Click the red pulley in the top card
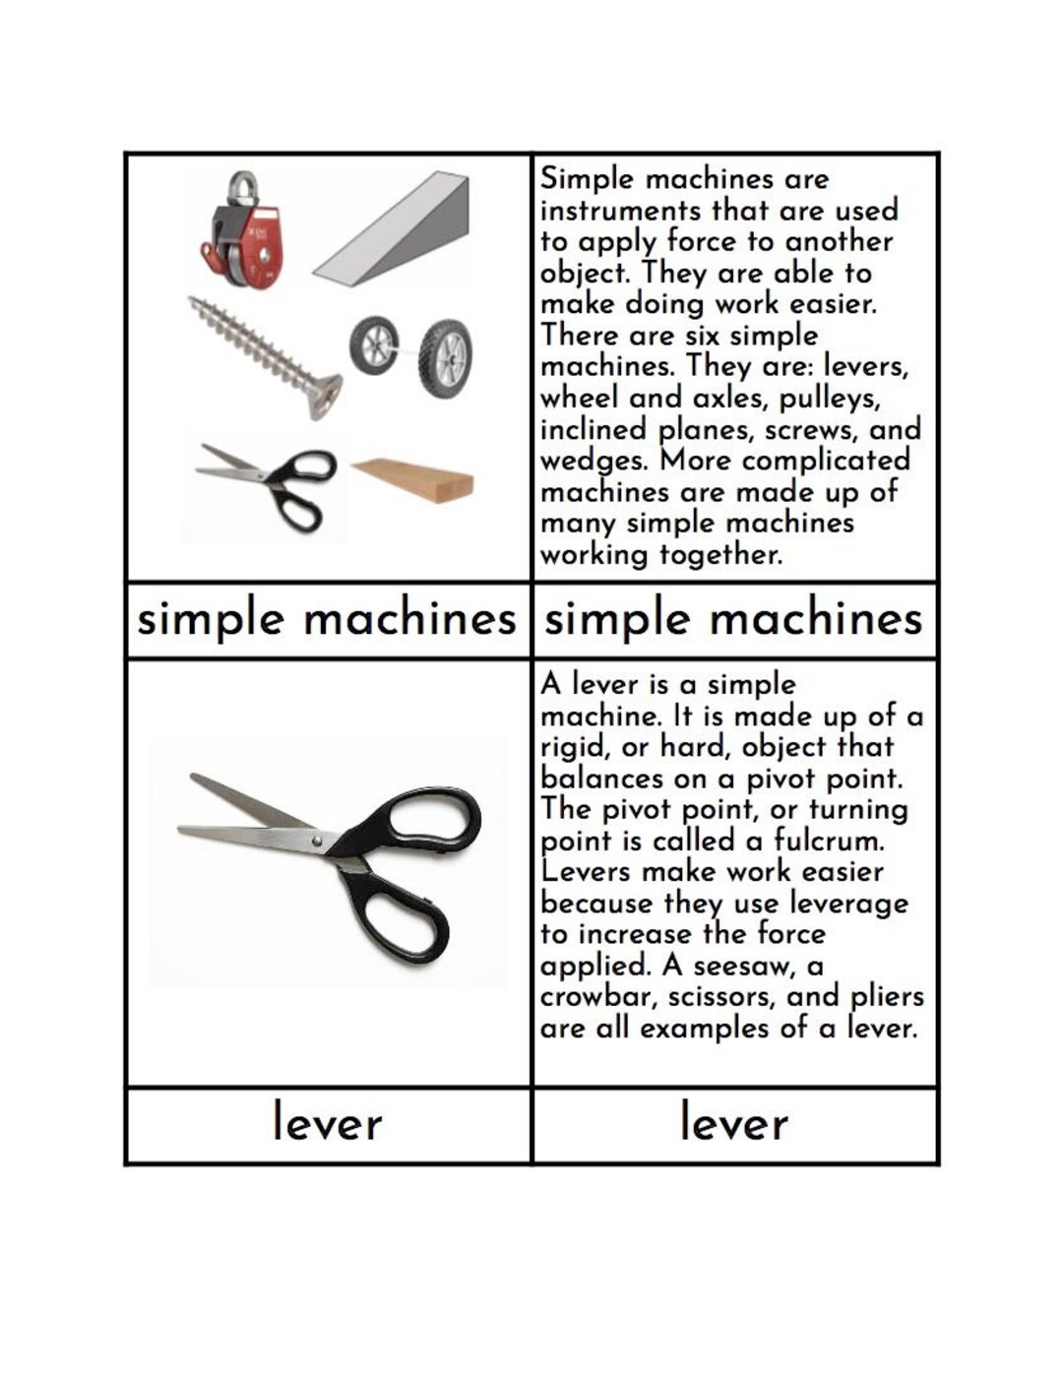(x=243, y=231)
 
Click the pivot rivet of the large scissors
(x=317, y=842)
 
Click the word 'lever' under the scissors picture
(x=328, y=1123)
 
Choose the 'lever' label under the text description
(x=734, y=1123)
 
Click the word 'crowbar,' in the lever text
(x=599, y=997)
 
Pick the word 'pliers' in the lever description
(x=887, y=997)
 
